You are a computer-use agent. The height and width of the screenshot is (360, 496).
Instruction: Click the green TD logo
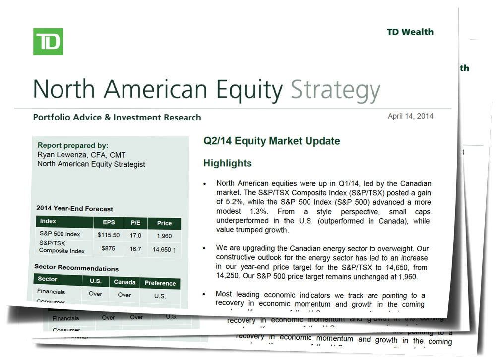click(48, 42)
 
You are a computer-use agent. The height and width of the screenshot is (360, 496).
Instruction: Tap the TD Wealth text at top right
click(410, 32)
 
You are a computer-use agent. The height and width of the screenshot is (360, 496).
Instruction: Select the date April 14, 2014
click(410, 116)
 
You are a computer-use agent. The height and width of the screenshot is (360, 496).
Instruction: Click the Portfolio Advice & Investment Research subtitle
click(117, 118)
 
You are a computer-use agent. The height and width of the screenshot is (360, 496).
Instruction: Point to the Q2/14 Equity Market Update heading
click(272, 141)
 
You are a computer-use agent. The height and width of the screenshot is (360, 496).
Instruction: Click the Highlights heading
click(228, 163)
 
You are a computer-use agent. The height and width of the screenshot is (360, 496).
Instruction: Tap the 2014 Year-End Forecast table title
click(74, 209)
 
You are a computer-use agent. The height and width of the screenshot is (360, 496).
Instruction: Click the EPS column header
click(109, 222)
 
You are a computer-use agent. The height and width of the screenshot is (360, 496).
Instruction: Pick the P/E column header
click(136, 223)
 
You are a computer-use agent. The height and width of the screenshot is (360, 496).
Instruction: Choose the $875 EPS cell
click(109, 247)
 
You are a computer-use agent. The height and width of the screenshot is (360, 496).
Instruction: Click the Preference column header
click(160, 283)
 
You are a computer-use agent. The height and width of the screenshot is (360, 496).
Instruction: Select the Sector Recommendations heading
click(76, 268)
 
